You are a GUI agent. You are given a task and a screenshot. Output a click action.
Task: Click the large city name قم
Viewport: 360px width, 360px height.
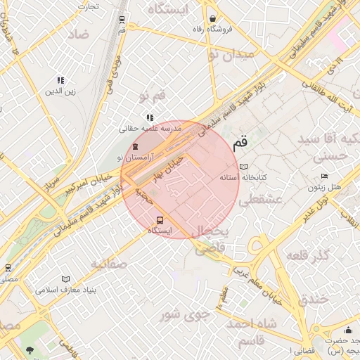click(x=240, y=141)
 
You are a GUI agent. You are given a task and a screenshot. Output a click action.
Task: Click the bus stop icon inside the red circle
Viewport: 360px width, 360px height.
click(x=160, y=219)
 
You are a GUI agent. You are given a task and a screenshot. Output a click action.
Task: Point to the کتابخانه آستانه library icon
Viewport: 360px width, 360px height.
click(x=243, y=167)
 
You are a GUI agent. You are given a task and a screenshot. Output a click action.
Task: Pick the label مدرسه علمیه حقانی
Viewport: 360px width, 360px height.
click(x=151, y=129)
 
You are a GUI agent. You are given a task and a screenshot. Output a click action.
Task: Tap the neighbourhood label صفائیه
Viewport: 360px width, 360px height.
click(x=108, y=264)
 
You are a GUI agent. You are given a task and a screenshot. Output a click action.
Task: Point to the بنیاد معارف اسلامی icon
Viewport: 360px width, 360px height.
click(x=66, y=279)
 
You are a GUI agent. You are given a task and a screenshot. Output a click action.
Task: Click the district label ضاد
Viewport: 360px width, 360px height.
click(x=79, y=34)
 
